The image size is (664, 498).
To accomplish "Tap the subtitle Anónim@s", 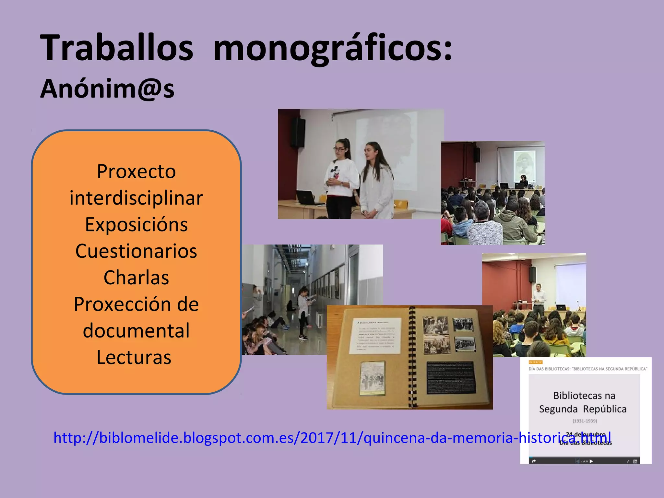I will pos(107,89).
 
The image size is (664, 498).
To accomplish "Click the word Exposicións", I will pos(136,224).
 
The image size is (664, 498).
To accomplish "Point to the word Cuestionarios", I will pos(136,251).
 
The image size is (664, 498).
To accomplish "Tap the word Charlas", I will pos(136,278).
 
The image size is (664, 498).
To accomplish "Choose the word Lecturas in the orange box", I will pos(134,357).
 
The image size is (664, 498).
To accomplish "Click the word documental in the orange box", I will pos(136,331).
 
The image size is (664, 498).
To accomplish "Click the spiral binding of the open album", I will pos(412,357).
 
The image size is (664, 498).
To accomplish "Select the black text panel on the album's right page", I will pos(451,378).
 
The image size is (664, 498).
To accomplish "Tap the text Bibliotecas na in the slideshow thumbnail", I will pos(584,396).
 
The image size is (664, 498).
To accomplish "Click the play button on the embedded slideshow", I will pos(591,461).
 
